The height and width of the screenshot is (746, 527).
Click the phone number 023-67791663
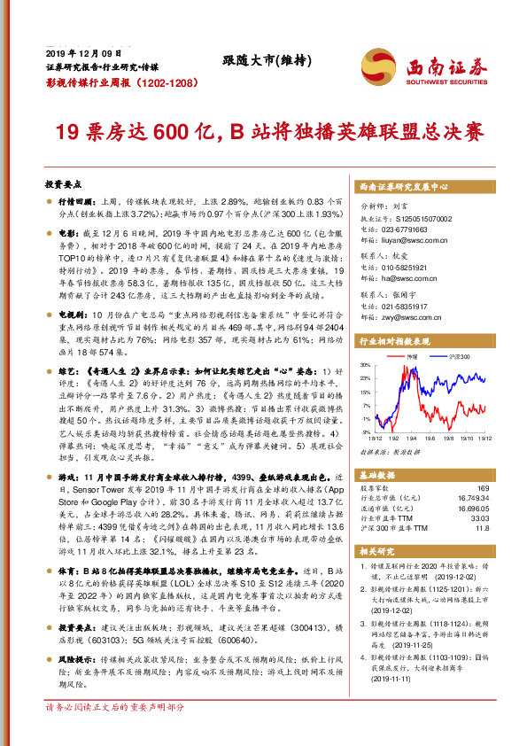[407, 228]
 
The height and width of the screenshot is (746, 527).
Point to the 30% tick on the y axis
[365, 364]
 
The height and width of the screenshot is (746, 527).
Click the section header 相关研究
[376, 550]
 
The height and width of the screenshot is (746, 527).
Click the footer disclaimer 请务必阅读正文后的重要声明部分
[115, 733]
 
